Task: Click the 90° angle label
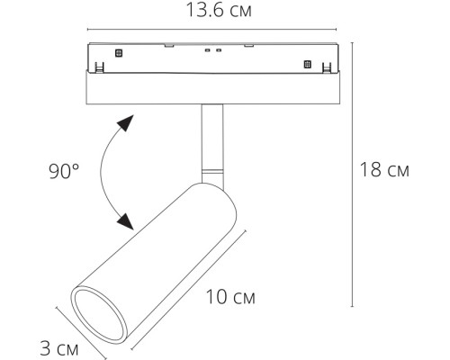coord(65,168)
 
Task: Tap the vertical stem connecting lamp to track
coord(211,135)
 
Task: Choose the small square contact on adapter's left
coord(115,65)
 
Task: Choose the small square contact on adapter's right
coord(307,65)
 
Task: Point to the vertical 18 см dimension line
coord(350,171)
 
